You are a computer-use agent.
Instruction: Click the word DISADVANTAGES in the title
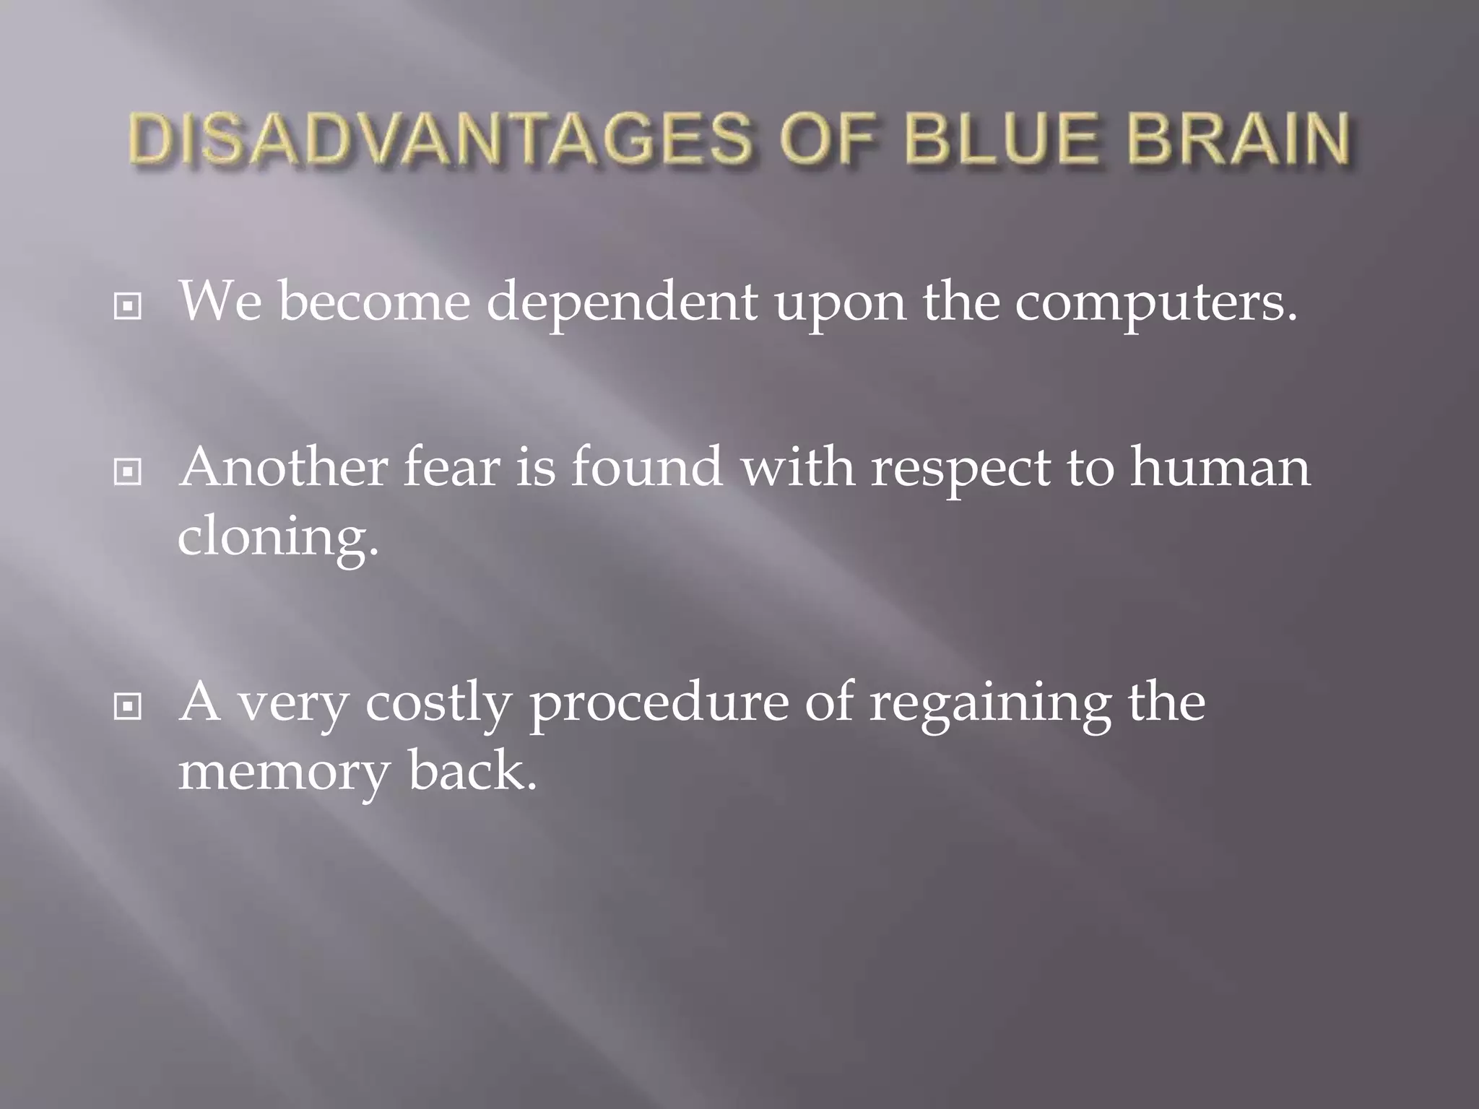coord(441,139)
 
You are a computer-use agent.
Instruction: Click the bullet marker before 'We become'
coord(128,308)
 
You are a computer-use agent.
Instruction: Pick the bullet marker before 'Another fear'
coord(128,473)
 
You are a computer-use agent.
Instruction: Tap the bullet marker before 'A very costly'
coord(128,708)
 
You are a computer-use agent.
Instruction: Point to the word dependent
coord(622,302)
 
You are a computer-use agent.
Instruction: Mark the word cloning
coord(278,539)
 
